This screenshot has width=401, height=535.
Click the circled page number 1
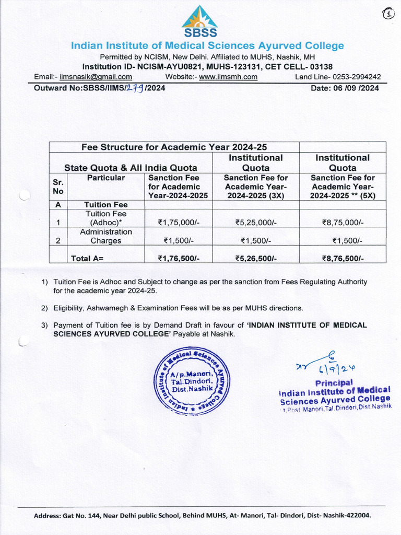388,14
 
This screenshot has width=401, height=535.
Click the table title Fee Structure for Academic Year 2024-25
174,147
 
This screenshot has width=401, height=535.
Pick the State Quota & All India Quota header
131,168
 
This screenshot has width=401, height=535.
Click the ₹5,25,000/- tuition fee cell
255,223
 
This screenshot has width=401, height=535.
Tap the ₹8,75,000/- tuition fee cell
343,223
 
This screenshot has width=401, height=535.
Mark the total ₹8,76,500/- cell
343,258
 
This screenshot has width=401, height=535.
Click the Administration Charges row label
105,236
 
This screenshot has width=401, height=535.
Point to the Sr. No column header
58,187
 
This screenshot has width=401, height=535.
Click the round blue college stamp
191,383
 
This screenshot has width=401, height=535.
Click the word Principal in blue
334,382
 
